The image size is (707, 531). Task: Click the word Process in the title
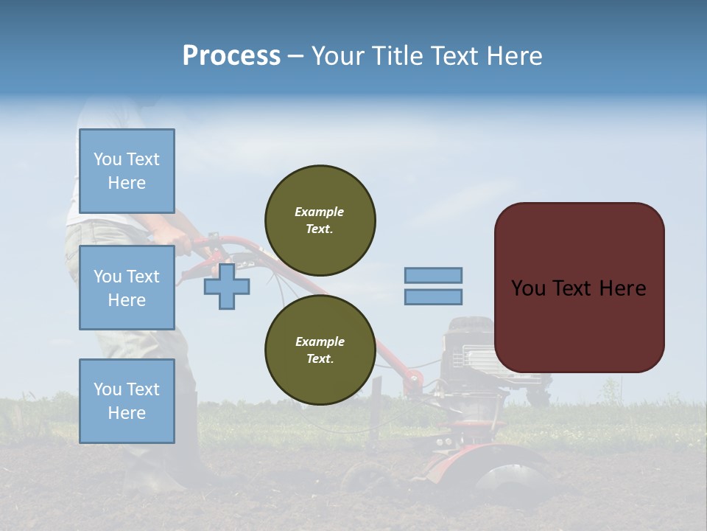[231, 56]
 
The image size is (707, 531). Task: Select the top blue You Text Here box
[127, 171]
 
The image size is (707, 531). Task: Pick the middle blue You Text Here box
[127, 288]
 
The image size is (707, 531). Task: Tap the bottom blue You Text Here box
[127, 400]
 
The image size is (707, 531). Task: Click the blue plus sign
[226, 287]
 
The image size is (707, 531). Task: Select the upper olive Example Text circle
[320, 221]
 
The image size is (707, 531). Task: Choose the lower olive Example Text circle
[320, 350]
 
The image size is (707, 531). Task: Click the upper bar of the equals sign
[433, 275]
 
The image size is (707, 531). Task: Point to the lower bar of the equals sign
[433, 297]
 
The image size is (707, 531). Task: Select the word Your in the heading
[338, 56]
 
